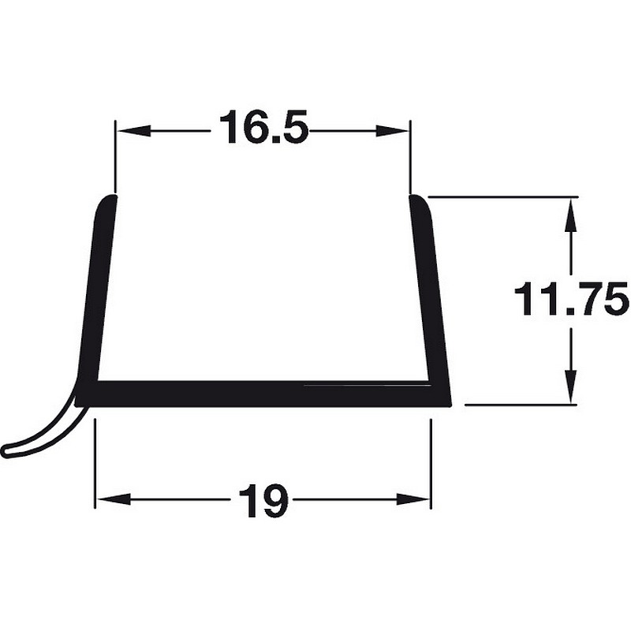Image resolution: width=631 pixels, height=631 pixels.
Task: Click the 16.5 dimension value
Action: (x=263, y=128)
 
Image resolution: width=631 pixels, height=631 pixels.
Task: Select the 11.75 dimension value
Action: (x=570, y=300)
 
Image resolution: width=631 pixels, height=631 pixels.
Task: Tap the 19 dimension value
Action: (x=263, y=500)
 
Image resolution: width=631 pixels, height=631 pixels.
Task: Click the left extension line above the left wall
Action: (x=115, y=158)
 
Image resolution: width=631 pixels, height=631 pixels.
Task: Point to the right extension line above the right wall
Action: (x=410, y=158)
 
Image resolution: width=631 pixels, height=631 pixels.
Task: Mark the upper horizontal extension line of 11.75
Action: (x=505, y=196)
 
